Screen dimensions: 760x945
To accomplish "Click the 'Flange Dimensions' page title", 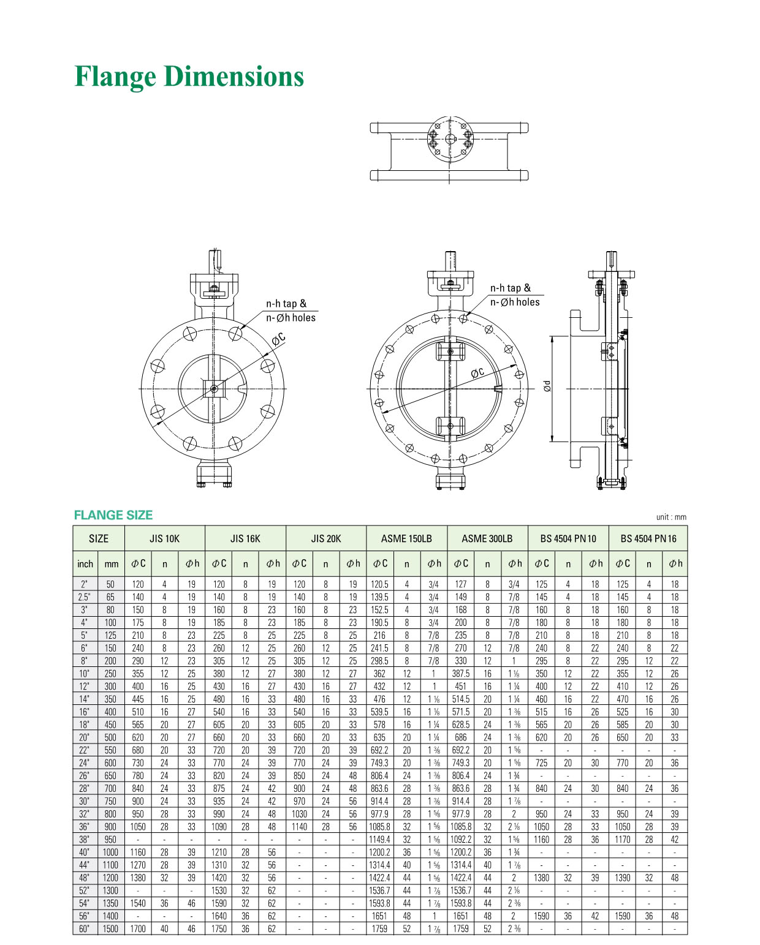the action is (189, 77).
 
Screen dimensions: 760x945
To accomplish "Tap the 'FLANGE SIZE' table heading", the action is (113, 514).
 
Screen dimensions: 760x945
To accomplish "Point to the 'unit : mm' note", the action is (671, 517).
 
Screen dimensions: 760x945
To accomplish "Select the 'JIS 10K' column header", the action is (164, 538).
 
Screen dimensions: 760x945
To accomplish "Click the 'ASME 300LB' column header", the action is (487, 538).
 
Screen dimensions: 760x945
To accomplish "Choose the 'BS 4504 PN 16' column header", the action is (648, 538).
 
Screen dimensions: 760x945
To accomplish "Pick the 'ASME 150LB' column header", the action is (406, 538).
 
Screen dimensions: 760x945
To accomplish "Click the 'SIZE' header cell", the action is (99, 538).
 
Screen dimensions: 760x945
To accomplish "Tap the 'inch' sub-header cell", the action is (85, 564).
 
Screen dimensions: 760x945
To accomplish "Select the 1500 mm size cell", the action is (110, 928).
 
